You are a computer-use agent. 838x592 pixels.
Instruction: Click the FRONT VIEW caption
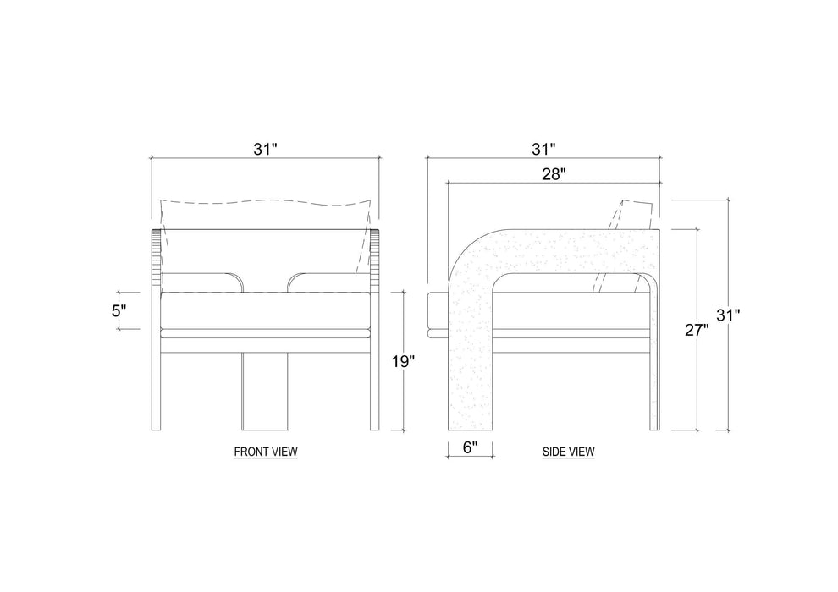[x=266, y=452]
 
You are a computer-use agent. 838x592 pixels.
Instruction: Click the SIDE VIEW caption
[x=568, y=452]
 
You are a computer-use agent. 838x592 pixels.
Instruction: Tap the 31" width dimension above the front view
[x=265, y=150]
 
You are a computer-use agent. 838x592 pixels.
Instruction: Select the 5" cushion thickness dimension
[x=119, y=310]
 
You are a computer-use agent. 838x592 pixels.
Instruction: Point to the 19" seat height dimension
[x=403, y=362]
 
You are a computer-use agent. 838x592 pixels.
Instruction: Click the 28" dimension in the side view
[x=554, y=174]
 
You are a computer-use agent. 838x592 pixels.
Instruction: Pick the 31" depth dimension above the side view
[x=543, y=150]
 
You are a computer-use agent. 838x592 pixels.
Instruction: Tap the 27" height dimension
[x=697, y=330]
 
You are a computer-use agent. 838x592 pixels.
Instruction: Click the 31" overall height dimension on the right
[x=728, y=315]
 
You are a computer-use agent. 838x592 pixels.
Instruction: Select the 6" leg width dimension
[x=470, y=447]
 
